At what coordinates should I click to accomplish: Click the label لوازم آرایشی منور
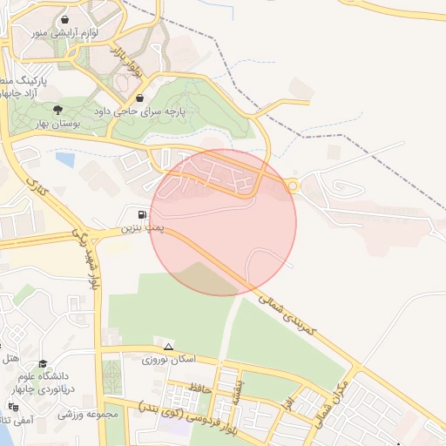click(x=66, y=32)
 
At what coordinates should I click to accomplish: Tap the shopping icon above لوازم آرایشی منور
click(x=66, y=18)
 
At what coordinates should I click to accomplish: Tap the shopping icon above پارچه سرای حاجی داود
click(x=141, y=98)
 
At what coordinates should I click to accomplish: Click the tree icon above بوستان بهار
click(x=58, y=110)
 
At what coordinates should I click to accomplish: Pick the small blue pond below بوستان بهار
click(x=64, y=159)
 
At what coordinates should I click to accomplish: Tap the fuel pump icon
click(x=141, y=214)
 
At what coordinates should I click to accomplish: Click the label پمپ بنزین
click(x=141, y=228)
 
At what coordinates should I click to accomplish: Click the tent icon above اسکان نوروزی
click(x=168, y=346)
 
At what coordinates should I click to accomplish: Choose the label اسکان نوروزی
click(x=172, y=359)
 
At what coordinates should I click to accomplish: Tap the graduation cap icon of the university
click(x=44, y=364)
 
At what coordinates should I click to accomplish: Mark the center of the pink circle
click(x=223, y=222)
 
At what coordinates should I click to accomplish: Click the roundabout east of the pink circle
click(x=293, y=185)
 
